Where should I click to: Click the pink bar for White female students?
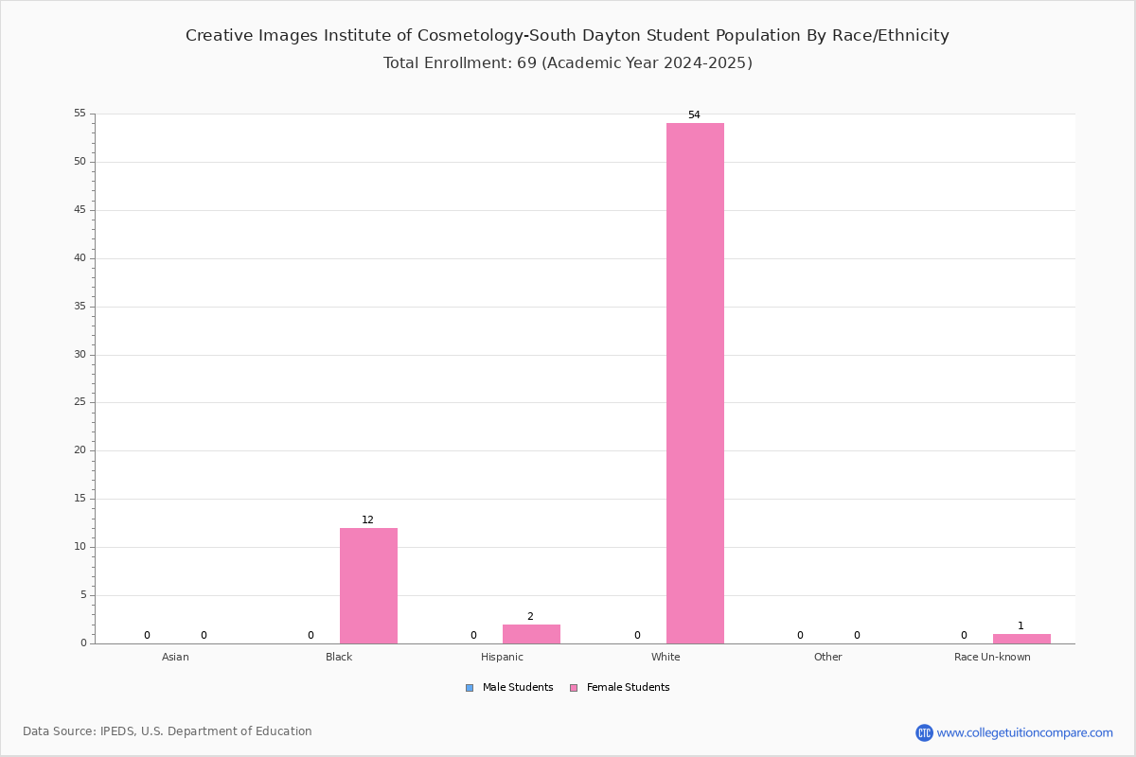(695, 383)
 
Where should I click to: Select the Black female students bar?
(368, 586)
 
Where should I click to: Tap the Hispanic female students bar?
(531, 634)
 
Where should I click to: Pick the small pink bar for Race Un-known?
(1021, 639)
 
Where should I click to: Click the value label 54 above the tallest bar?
(694, 115)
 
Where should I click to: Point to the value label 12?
(367, 519)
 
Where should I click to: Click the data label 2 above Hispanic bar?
(530, 617)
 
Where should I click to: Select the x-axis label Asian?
(175, 657)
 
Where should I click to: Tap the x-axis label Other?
(827, 657)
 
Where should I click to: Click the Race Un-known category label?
(992, 657)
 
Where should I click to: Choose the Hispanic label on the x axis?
(502, 657)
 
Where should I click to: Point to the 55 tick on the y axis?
(80, 113)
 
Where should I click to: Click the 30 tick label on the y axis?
(80, 355)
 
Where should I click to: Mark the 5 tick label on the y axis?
(83, 595)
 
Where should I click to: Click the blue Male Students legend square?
(470, 688)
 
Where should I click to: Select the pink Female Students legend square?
(574, 688)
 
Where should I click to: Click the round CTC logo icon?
(924, 732)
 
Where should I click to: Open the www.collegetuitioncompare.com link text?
(1024, 733)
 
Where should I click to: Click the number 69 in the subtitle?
(526, 62)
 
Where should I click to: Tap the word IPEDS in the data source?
(117, 731)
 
